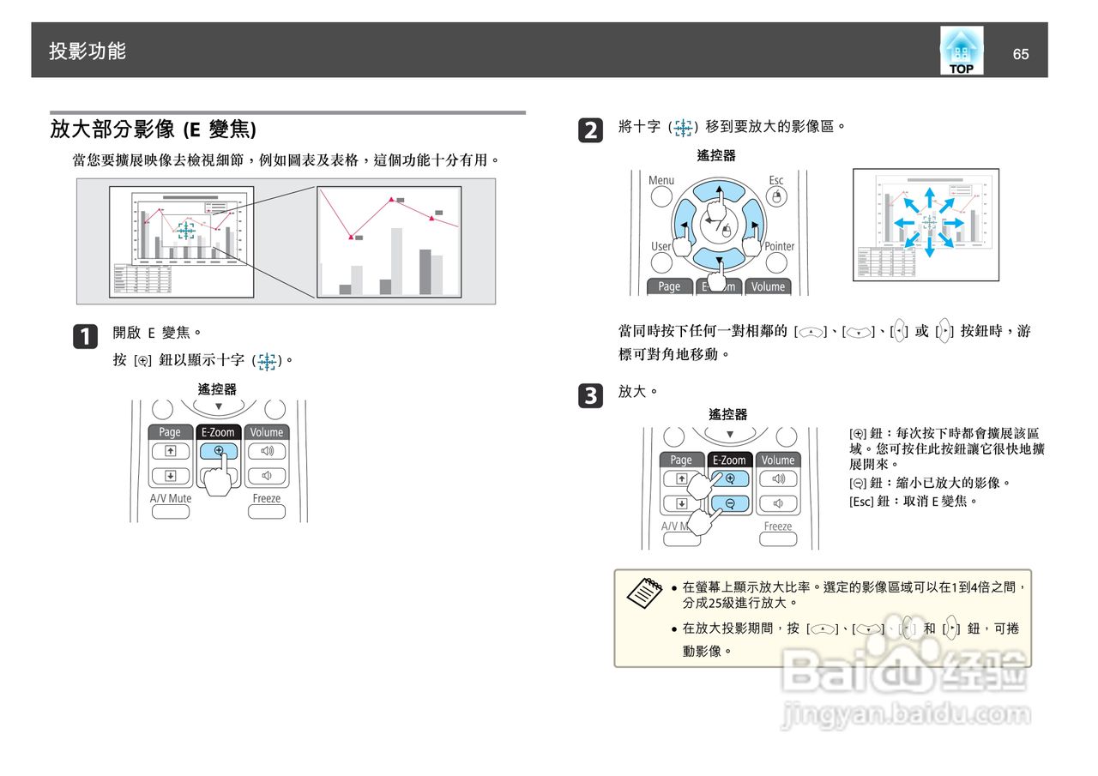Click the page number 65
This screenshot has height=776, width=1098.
tap(1020, 54)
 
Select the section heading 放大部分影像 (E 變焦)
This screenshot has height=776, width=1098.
tap(153, 129)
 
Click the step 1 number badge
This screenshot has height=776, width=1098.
tap(86, 336)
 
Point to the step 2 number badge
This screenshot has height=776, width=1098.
tap(591, 131)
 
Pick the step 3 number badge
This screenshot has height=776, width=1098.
tap(591, 395)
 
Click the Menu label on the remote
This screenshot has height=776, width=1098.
tap(661, 180)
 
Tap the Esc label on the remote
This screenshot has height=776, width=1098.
tap(775, 180)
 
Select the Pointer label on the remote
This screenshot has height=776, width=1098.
tap(779, 246)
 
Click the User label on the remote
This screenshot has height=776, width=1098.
tap(661, 246)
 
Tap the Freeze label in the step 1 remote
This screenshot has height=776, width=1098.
tap(266, 498)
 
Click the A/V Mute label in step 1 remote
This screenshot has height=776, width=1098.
tap(171, 498)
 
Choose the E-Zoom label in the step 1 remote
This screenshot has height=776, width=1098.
tap(218, 432)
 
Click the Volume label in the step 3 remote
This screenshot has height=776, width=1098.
tap(778, 460)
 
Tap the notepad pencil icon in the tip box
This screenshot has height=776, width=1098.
tap(644, 593)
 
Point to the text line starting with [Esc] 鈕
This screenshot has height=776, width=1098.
tap(913, 501)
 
